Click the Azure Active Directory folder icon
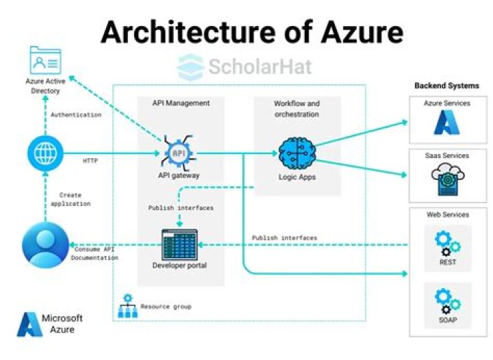coord(45,62)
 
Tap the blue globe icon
coord(45,152)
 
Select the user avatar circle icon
coord(45,244)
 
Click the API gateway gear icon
coord(178,152)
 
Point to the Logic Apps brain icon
coord(297,152)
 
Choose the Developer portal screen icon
coord(179,244)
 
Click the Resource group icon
coord(127,307)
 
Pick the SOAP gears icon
coord(447,302)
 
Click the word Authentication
coord(76,114)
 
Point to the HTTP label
coord(90,161)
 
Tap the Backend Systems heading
coord(447,86)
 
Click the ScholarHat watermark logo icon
coord(190,66)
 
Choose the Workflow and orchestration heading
coord(296,109)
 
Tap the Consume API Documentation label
coord(95,253)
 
